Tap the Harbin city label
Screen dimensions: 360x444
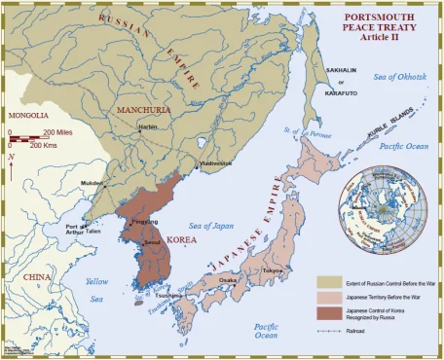[x=147, y=127]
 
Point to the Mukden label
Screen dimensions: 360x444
[x=92, y=182]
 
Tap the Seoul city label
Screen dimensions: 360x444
[x=152, y=241]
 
